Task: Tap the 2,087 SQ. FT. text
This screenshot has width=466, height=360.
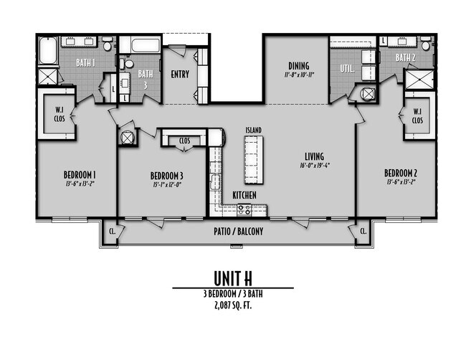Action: point(232,305)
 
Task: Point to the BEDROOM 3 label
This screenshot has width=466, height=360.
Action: point(166,176)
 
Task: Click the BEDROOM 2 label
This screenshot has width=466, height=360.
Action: point(400,173)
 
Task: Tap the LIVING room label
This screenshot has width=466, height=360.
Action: point(313,156)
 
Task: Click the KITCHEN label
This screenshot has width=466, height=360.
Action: point(244,195)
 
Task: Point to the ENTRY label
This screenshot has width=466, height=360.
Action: point(179,73)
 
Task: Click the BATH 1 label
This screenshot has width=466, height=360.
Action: point(87,62)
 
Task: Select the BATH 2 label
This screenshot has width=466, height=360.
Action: point(406,57)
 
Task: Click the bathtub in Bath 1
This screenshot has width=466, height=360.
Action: point(49,52)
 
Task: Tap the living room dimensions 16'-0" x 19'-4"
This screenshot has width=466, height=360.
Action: point(313,165)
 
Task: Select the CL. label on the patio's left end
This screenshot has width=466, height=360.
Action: point(112,231)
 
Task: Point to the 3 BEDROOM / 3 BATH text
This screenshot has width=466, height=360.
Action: point(232,294)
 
